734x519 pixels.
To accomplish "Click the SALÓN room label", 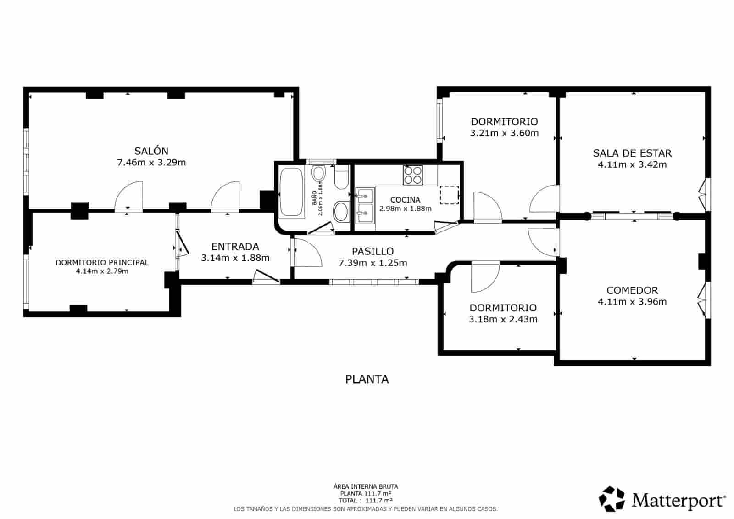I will point(151,151).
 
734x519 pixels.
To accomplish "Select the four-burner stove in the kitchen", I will point(412,175).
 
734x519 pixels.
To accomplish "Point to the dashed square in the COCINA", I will point(449,195).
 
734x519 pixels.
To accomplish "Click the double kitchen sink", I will point(365,205).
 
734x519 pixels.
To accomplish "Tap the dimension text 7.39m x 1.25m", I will point(373,263).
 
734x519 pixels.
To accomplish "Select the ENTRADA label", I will point(235,247).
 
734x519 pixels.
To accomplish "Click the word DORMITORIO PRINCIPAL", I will point(102,263).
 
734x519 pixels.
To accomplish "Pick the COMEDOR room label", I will point(632,290).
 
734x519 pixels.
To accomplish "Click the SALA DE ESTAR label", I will point(632,153).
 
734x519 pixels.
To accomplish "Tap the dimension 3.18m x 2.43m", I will point(503,319).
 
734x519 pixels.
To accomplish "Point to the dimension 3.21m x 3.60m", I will point(504,133).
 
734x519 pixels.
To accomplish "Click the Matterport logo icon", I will point(612,499).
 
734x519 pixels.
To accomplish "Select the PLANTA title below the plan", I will point(367,379).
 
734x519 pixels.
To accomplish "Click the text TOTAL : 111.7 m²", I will point(365,501).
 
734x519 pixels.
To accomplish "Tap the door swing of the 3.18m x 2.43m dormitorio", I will point(485,277).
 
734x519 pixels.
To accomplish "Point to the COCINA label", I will point(405,200).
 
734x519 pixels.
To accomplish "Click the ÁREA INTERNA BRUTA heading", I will point(365,486).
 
